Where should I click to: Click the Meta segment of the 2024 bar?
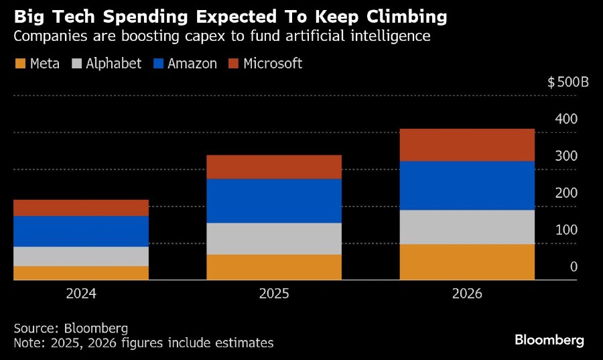[x=81, y=272]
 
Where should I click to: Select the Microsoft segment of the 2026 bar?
[x=467, y=145]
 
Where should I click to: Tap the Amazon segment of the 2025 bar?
[x=274, y=200]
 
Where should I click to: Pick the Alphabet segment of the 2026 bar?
[x=467, y=227]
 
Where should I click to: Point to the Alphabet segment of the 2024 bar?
[x=81, y=256]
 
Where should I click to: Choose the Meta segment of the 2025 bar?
[x=274, y=267]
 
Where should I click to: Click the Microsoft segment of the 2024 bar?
[x=81, y=208]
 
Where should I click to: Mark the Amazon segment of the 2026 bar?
[x=467, y=186]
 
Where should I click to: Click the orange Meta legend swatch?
[x=20, y=64]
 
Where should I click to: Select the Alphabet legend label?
[x=114, y=64]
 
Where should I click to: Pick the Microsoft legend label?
[x=273, y=64]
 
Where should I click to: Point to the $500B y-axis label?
[x=567, y=82]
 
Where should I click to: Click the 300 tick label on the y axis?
[x=566, y=156]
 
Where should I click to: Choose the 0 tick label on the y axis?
[x=574, y=267]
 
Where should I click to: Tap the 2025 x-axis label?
[x=274, y=294]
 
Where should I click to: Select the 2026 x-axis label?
[x=467, y=294]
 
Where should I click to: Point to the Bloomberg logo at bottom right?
[x=549, y=340]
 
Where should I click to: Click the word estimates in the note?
[x=244, y=343]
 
